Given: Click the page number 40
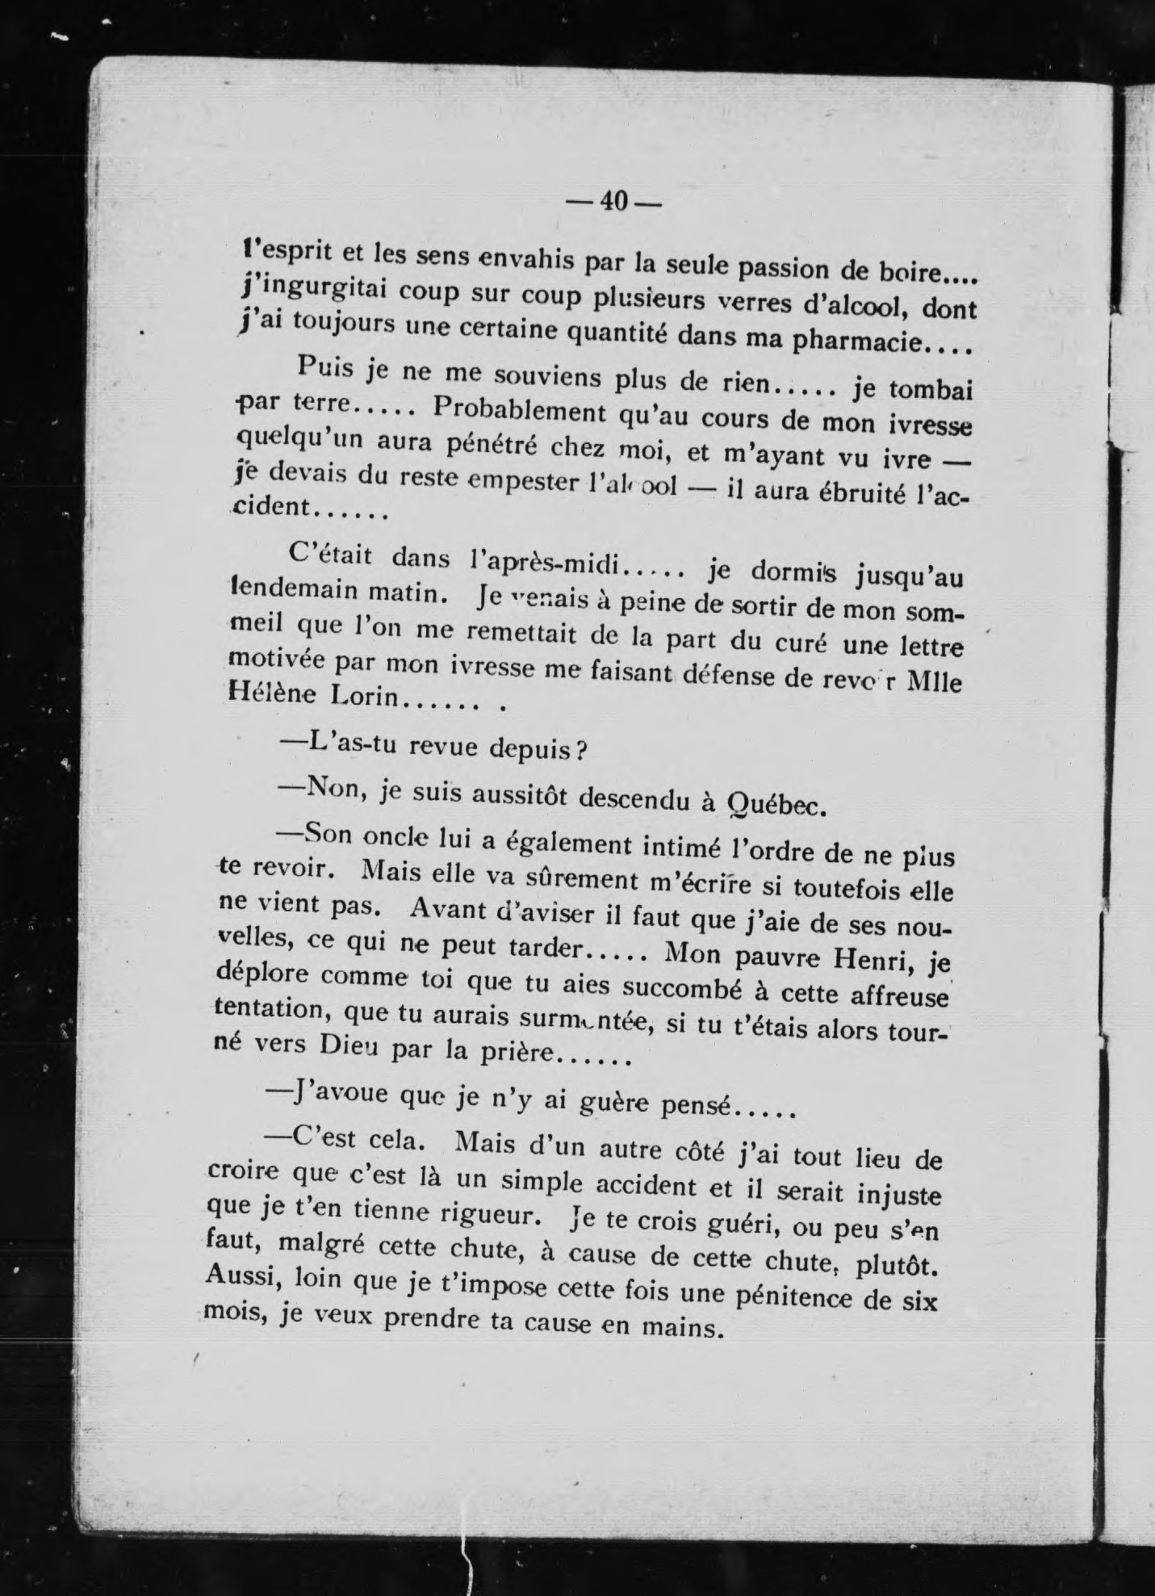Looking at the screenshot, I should tap(613, 201).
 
